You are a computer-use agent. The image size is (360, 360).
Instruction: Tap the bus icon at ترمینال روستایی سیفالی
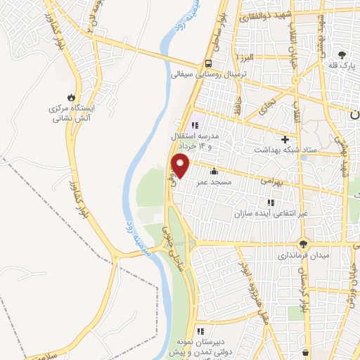pos(208,62)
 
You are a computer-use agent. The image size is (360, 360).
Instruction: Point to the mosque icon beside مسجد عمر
pos(214,171)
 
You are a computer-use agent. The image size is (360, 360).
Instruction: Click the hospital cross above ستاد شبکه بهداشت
pos(285,139)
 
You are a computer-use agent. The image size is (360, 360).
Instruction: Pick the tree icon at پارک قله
pos(342,54)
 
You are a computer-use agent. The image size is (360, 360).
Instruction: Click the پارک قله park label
pos(338,65)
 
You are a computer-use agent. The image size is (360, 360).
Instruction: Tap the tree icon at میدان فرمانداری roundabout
pos(303,244)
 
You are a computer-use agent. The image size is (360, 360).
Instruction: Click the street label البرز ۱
pos(245,57)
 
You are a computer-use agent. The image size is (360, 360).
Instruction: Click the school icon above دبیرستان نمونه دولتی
pos(200,331)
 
